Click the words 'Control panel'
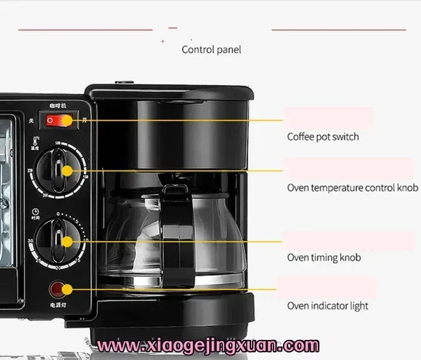211,49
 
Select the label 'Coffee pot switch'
323,137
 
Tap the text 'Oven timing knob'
323,258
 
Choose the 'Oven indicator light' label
328,306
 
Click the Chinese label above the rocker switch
59,105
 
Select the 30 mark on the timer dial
30,241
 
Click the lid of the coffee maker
167,97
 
